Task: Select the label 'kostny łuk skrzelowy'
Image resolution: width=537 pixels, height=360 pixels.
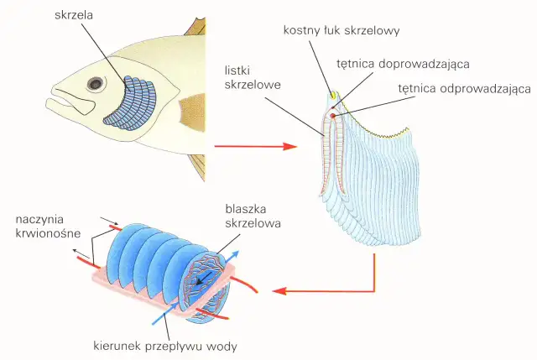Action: point(341,31)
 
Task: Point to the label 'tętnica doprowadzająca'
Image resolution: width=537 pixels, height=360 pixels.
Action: point(402,63)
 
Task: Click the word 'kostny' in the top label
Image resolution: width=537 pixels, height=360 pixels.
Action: point(300,31)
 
